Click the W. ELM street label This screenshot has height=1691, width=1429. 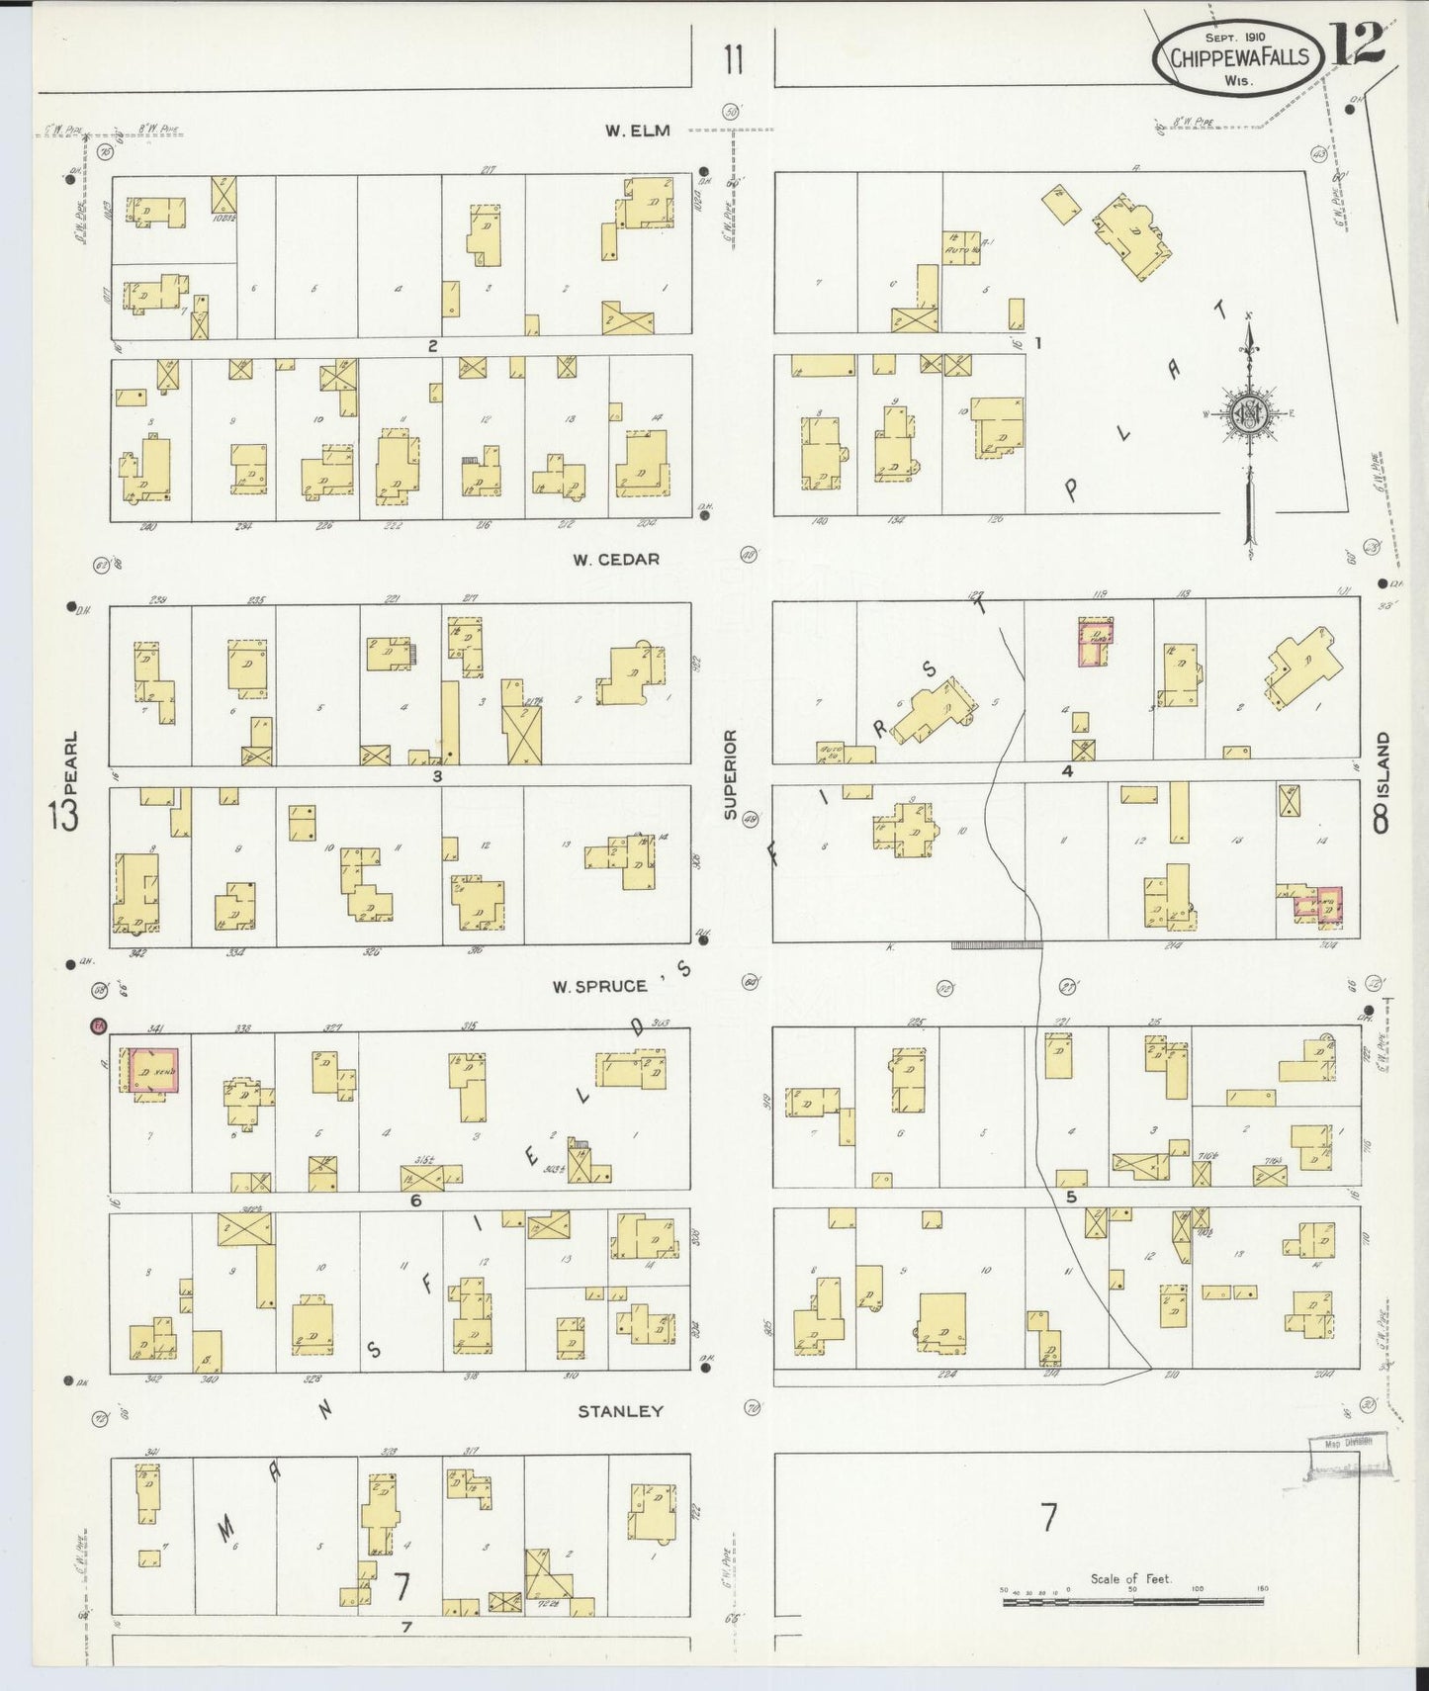[639, 131]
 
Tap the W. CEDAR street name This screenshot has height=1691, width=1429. [615, 560]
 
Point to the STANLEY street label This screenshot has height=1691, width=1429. [620, 1412]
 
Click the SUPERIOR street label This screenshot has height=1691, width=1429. [730, 774]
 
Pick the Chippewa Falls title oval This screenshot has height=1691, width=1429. [1238, 57]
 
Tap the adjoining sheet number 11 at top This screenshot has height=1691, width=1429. [732, 60]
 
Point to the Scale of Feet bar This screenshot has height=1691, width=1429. [1133, 1593]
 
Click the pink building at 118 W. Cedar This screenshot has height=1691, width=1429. [1096, 641]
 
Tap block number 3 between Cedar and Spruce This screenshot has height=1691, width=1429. [436, 776]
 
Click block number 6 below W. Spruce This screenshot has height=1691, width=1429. [416, 1201]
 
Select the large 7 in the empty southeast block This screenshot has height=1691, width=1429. [1048, 1515]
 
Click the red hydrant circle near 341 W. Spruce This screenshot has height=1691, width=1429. [98, 1026]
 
